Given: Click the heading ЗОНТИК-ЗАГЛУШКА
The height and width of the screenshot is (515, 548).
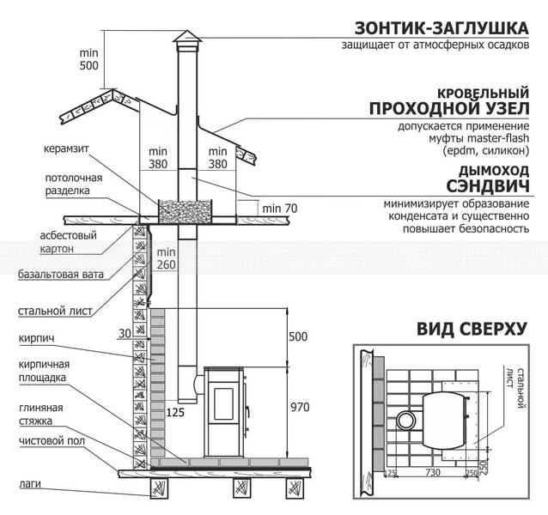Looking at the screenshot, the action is [x=441, y=28].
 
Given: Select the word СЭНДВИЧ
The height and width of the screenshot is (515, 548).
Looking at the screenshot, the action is [x=488, y=186].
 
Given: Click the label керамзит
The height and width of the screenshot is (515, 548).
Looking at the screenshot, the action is [x=66, y=148].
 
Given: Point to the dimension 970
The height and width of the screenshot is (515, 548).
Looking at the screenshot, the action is [x=300, y=407].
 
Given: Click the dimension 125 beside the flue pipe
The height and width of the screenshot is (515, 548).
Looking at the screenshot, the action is [x=175, y=413].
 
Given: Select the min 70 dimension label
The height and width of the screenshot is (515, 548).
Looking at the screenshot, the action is [x=280, y=209].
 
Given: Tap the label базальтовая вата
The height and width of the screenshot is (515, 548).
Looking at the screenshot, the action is [x=61, y=275].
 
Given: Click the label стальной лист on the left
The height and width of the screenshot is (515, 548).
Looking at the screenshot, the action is [x=55, y=311].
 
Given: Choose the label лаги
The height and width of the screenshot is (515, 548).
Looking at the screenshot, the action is [x=30, y=484].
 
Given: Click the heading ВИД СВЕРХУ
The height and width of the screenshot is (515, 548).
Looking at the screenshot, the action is [x=472, y=329].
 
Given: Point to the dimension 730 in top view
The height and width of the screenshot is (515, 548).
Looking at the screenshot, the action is [x=433, y=472].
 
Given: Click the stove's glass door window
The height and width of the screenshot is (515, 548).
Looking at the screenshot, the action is [x=223, y=403].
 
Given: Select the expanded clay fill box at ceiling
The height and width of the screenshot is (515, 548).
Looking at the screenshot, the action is [x=186, y=212].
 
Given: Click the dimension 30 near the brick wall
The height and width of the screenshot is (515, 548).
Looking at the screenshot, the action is [x=125, y=333].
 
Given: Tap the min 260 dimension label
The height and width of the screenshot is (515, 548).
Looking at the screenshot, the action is [x=166, y=258].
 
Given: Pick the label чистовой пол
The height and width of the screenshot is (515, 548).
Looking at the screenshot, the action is [x=52, y=441].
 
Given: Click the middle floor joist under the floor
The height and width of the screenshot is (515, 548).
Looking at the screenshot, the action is [x=242, y=488].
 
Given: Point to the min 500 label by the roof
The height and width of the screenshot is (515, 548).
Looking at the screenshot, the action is [x=89, y=59].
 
